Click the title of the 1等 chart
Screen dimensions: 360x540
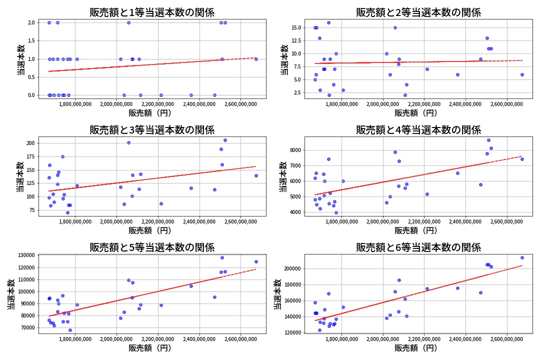[152, 12]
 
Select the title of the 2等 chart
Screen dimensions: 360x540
[418, 12]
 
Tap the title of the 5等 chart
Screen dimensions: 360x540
[152, 247]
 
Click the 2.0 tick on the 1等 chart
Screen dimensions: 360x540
[31, 23]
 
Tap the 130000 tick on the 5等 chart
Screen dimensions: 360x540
[23, 255]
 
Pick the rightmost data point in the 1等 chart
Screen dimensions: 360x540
[256, 59]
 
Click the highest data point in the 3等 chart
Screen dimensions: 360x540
[225, 140]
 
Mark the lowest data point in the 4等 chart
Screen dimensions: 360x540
[336, 212]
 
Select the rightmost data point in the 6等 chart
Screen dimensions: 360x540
[522, 258]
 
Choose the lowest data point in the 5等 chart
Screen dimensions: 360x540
[70, 330]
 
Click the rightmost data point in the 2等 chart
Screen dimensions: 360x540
[522, 74]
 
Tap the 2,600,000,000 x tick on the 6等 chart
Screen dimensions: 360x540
[507, 339]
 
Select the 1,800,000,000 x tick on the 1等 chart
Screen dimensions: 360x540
[75, 104]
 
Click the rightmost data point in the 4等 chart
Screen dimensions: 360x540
[522, 159]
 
